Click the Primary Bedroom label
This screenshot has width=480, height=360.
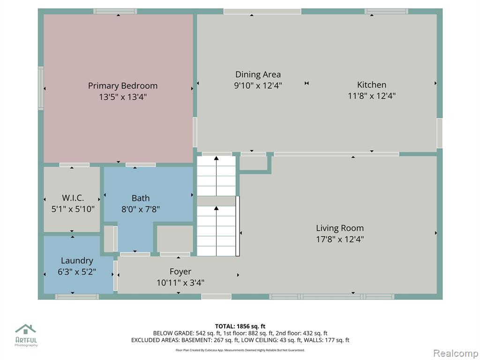click(x=123, y=86)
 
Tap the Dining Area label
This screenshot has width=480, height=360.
click(x=258, y=75)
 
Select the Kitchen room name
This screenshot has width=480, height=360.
click(x=372, y=85)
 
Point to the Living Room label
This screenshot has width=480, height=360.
click(x=340, y=228)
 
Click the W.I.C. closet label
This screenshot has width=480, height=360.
click(x=73, y=198)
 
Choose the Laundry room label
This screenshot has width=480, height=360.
click(x=77, y=261)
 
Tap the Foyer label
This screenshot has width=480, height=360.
click(x=180, y=272)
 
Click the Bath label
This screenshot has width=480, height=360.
click(x=141, y=198)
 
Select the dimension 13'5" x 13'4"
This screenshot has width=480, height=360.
click(x=123, y=97)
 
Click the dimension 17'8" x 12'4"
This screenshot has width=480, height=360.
click(x=340, y=239)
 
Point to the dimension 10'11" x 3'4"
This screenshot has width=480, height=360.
click(x=180, y=283)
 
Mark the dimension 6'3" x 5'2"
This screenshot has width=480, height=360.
click(x=77, y=271)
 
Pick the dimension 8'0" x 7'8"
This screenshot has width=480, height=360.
click(x=141, y=209)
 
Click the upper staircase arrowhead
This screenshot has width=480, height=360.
click(x=217, y=158)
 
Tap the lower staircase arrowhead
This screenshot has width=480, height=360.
click(x=217, y=209)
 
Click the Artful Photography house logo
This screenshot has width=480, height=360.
click(x=26, y=330)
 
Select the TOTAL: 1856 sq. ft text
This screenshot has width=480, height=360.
click(x=240, y=326)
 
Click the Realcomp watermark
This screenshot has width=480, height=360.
click(x=456, y=353)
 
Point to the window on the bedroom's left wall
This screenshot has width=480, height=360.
click(x=41, y=88)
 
